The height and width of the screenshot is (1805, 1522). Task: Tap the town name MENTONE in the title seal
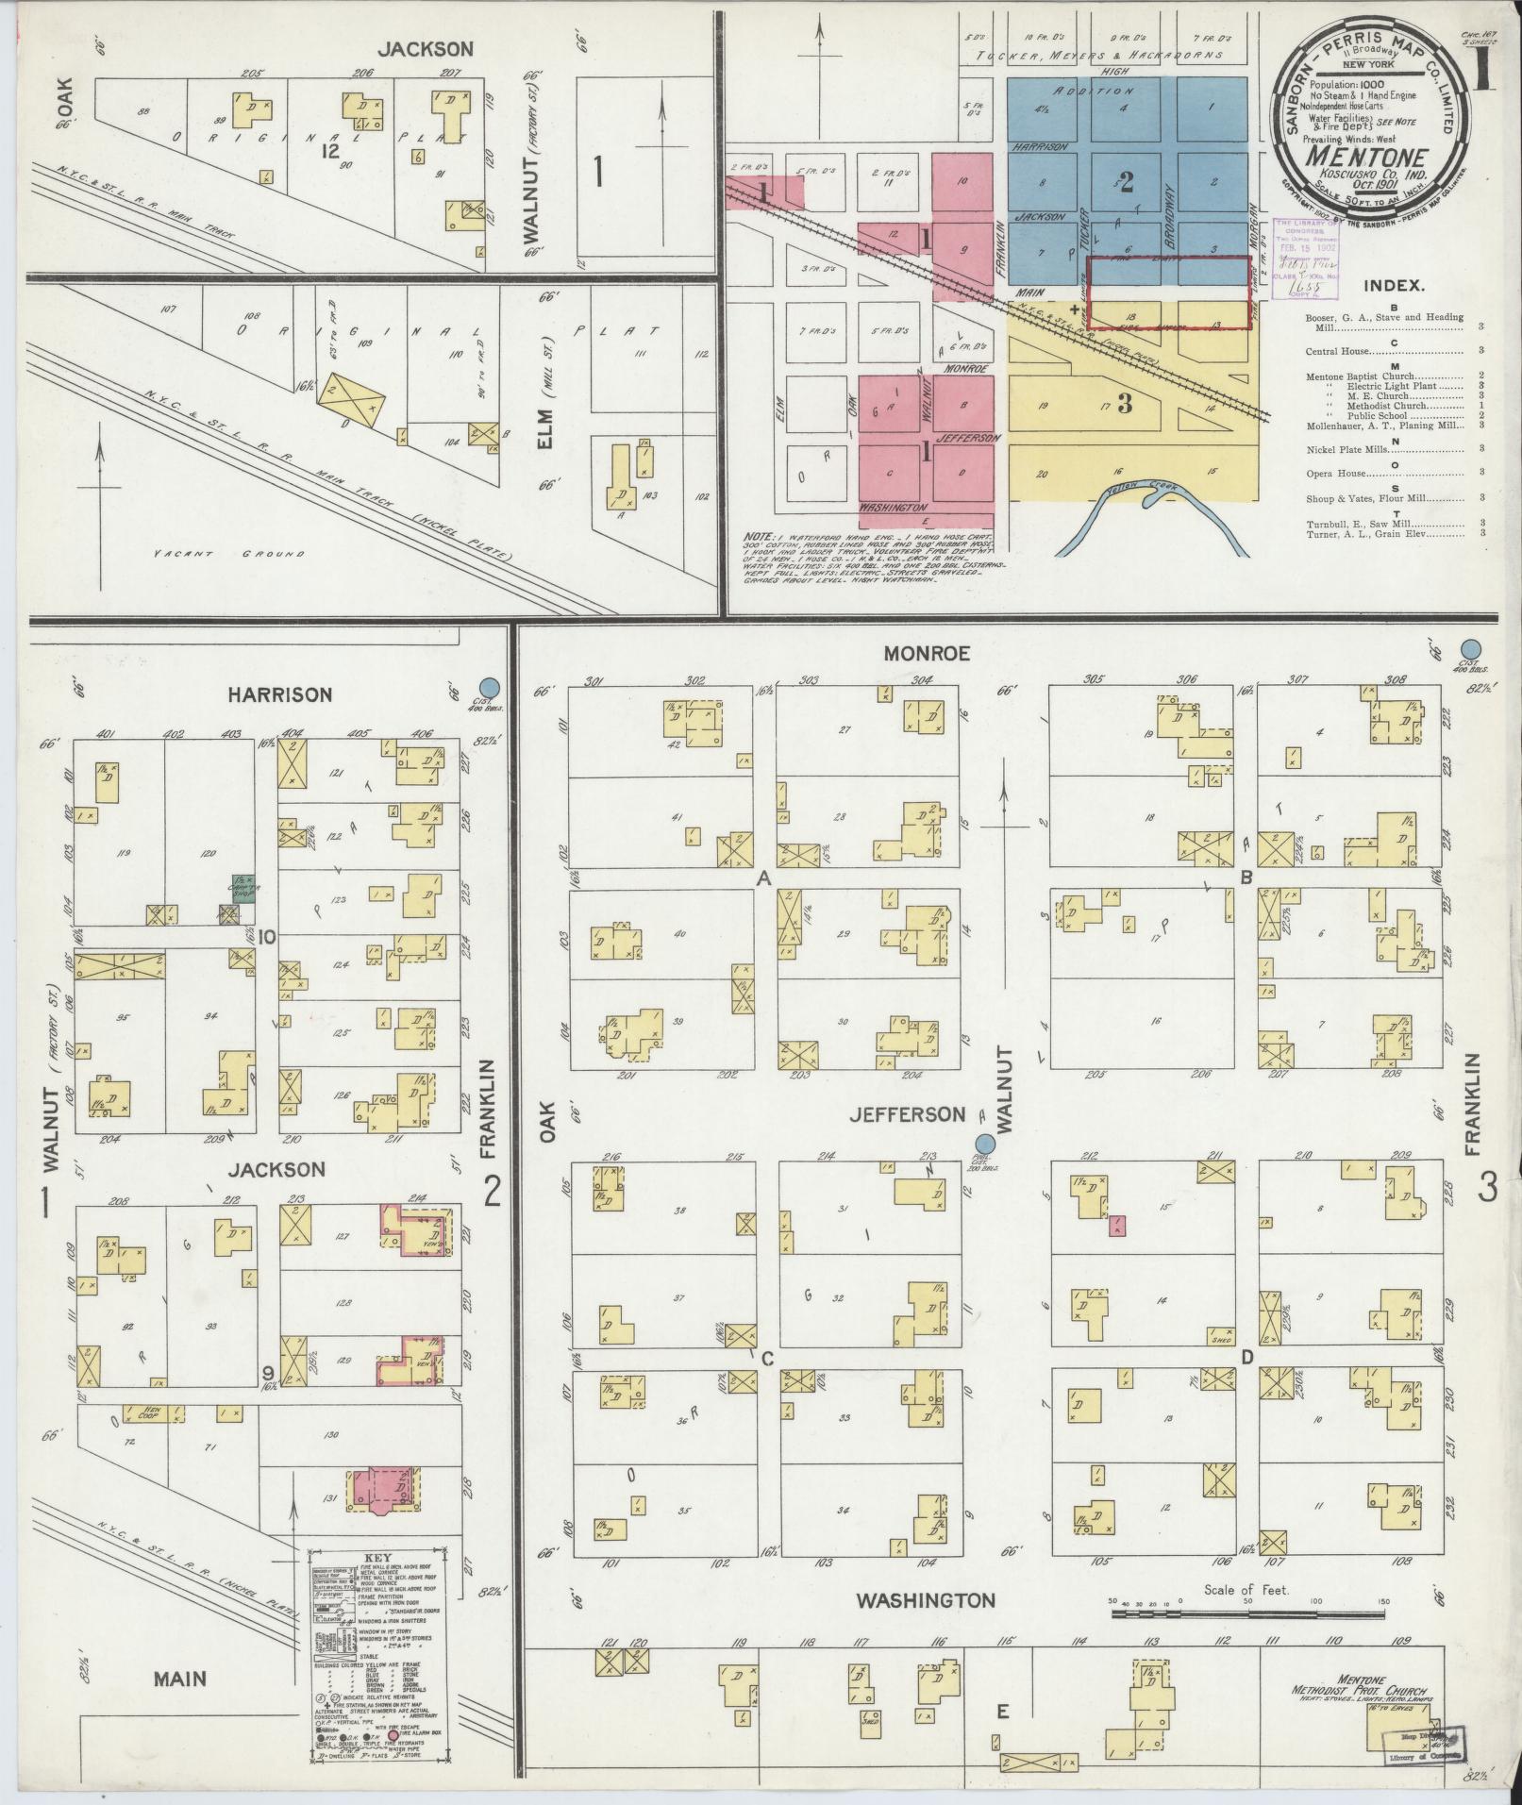pos(1365,155)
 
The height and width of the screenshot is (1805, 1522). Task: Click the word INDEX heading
pos(1393,286)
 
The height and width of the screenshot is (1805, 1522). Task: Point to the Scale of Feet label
pos(1246,1590)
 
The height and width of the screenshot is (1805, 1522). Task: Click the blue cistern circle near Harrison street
pos(489,687)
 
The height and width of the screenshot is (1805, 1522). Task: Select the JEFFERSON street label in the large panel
pos(907,1114)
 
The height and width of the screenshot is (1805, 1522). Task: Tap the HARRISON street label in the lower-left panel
pos(279,694)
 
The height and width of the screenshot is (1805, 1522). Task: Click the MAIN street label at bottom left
pos(181,1679)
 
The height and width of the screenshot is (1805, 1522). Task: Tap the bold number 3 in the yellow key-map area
pos(1124,403)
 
